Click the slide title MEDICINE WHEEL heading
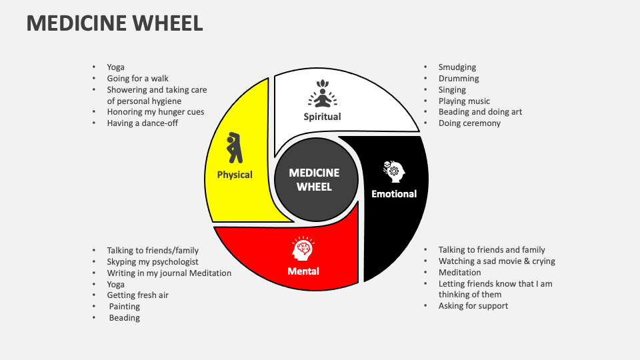click(x=114, y=23)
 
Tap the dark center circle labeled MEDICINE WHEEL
click(x=314, y=179)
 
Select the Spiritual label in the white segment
click(x=323, y=117)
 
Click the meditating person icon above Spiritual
click(x=323, y=94)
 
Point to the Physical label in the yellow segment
click(x=235, y=175)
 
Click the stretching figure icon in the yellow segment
click(x=234, y=147)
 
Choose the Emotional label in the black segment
click(x=394, y=194)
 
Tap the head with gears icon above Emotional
click(x=393, y=171)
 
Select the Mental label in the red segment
click(x=303, y=271)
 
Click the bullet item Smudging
click(x=457, y=67)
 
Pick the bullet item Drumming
click(x=459, y=79)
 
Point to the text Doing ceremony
click(x=469, y=123)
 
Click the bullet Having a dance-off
click(x=142, y=123)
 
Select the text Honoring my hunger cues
click(x=155, y=112)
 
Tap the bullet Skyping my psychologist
click(x=153, y=262)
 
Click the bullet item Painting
click(x=125, y=307)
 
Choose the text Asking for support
click(x=473, y=306)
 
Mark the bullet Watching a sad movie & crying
click(x=497, y=261)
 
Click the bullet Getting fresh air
click(x=137, y=295)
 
